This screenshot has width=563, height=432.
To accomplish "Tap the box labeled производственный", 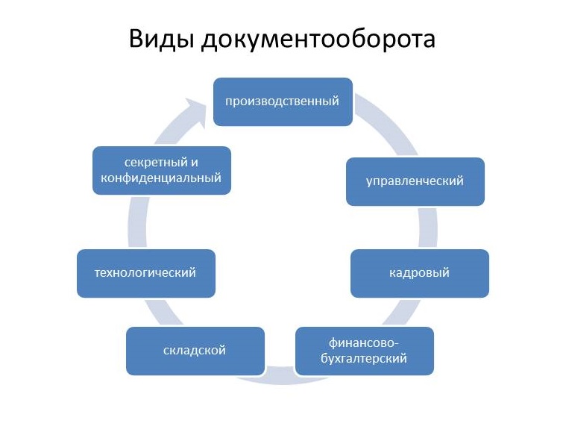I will pos(283,101).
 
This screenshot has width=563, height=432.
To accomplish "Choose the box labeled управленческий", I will pos(415,181).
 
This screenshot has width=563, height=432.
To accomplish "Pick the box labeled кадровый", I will pos(420,272).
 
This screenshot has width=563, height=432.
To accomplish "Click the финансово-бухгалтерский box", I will pos(365,351).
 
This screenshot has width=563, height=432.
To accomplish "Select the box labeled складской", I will pos(195,351).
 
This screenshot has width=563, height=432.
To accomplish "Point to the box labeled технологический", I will pos(145,272).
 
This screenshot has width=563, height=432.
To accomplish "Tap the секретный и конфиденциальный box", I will pos(162,170).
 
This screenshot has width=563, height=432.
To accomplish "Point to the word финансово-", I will pos(365,342).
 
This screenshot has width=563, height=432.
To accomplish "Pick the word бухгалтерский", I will pos(365,359).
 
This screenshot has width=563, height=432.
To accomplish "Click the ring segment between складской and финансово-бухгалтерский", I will pos(280,374).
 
